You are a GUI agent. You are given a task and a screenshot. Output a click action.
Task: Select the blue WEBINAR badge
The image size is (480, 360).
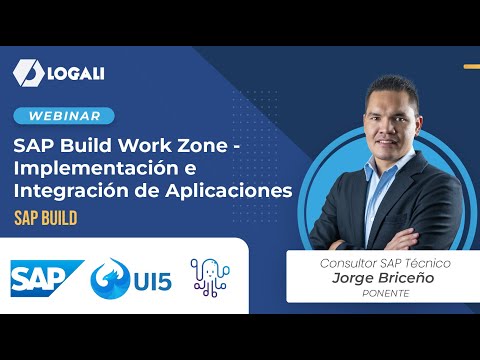coord(63,116)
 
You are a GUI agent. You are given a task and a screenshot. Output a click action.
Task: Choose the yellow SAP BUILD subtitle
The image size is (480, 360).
coord(45,215)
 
